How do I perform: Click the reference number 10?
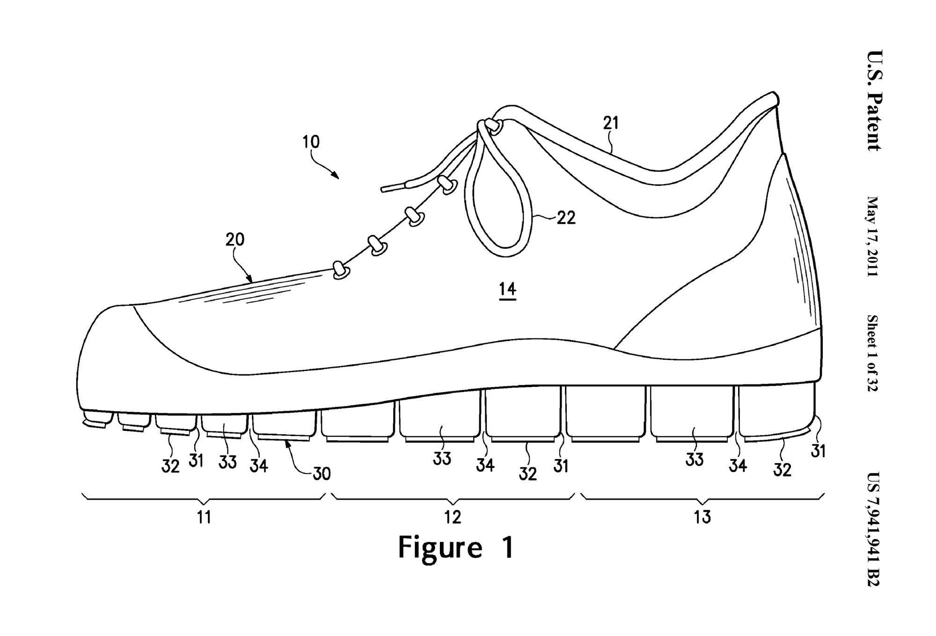click(x=311, y=141)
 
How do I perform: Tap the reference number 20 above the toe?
click(x=235, y=240)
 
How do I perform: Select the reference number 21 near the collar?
click(x=611, y=123)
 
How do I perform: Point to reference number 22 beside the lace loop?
click(x=566, y=218)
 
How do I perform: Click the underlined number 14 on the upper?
click(x=507, y=289)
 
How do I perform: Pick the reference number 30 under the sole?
click(x=322, y=474)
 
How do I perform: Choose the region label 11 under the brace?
click(x=204, y=517)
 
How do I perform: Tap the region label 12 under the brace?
click(x=453, y=517)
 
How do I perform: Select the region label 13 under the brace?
click(x=702, y=517)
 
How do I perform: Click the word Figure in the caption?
click(x=439, y=547)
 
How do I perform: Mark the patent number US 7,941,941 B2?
click(x=873, y=529)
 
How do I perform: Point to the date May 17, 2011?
click(x=873, y=236)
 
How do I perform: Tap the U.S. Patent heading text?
click(x=873, y=100)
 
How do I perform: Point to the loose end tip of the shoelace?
click(x=385, y=189)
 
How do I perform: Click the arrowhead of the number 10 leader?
click(x=336, y=176)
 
